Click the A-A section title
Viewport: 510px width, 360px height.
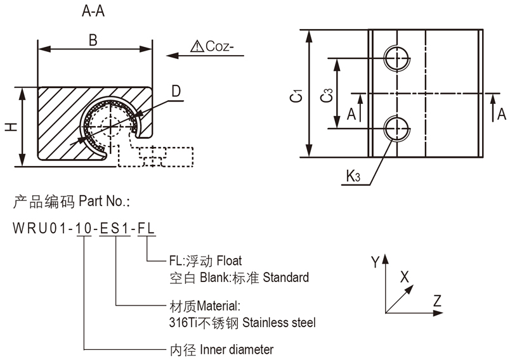(93, 11)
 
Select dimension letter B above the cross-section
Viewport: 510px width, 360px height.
(93, 41)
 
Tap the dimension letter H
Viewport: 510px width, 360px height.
(11, 127)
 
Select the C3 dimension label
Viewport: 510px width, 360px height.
(326, 95)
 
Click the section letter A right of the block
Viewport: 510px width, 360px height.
(501, 114)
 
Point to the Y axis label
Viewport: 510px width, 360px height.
(375, 260)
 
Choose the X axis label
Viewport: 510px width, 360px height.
(404, 277)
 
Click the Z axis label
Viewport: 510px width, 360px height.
(437, 300)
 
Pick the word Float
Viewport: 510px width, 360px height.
(229, 260)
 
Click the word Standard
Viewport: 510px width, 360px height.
(285, 277)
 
